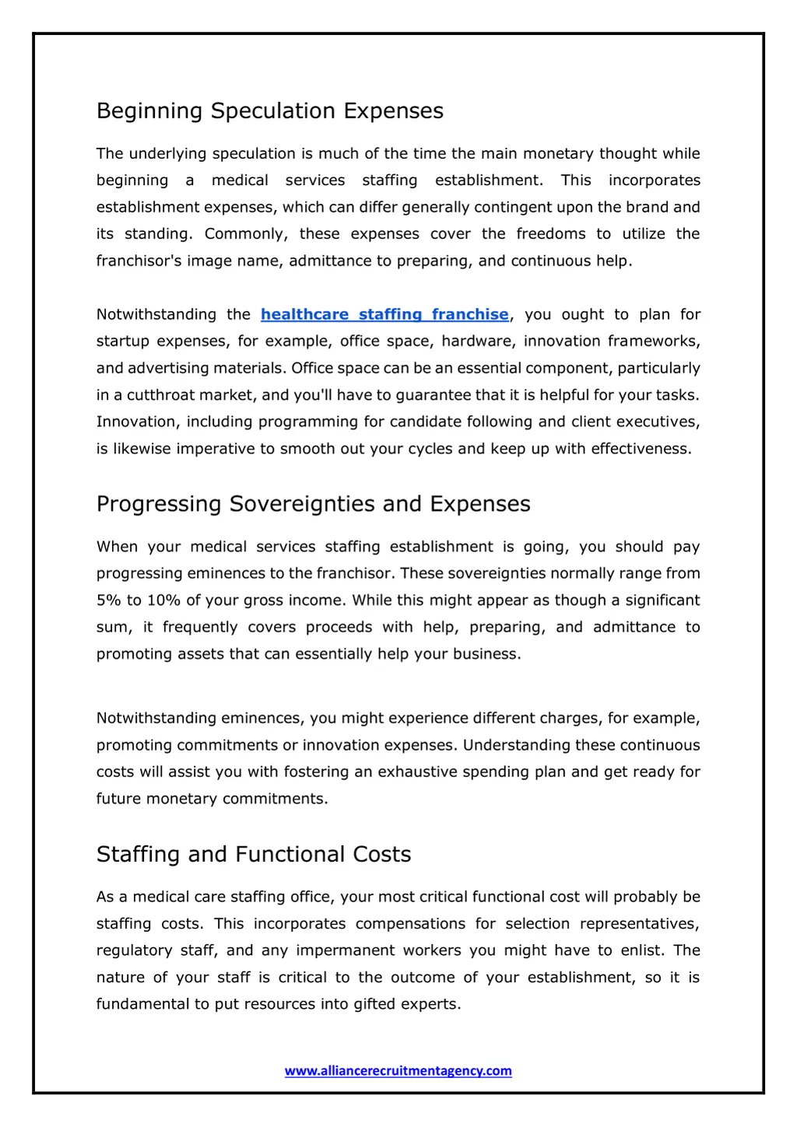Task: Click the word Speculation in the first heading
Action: [273, 111]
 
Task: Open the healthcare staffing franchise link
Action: [384, 314]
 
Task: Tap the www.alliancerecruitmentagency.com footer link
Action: [398, 1071]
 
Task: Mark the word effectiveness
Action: [641, 449]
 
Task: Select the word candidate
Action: [428, 422]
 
